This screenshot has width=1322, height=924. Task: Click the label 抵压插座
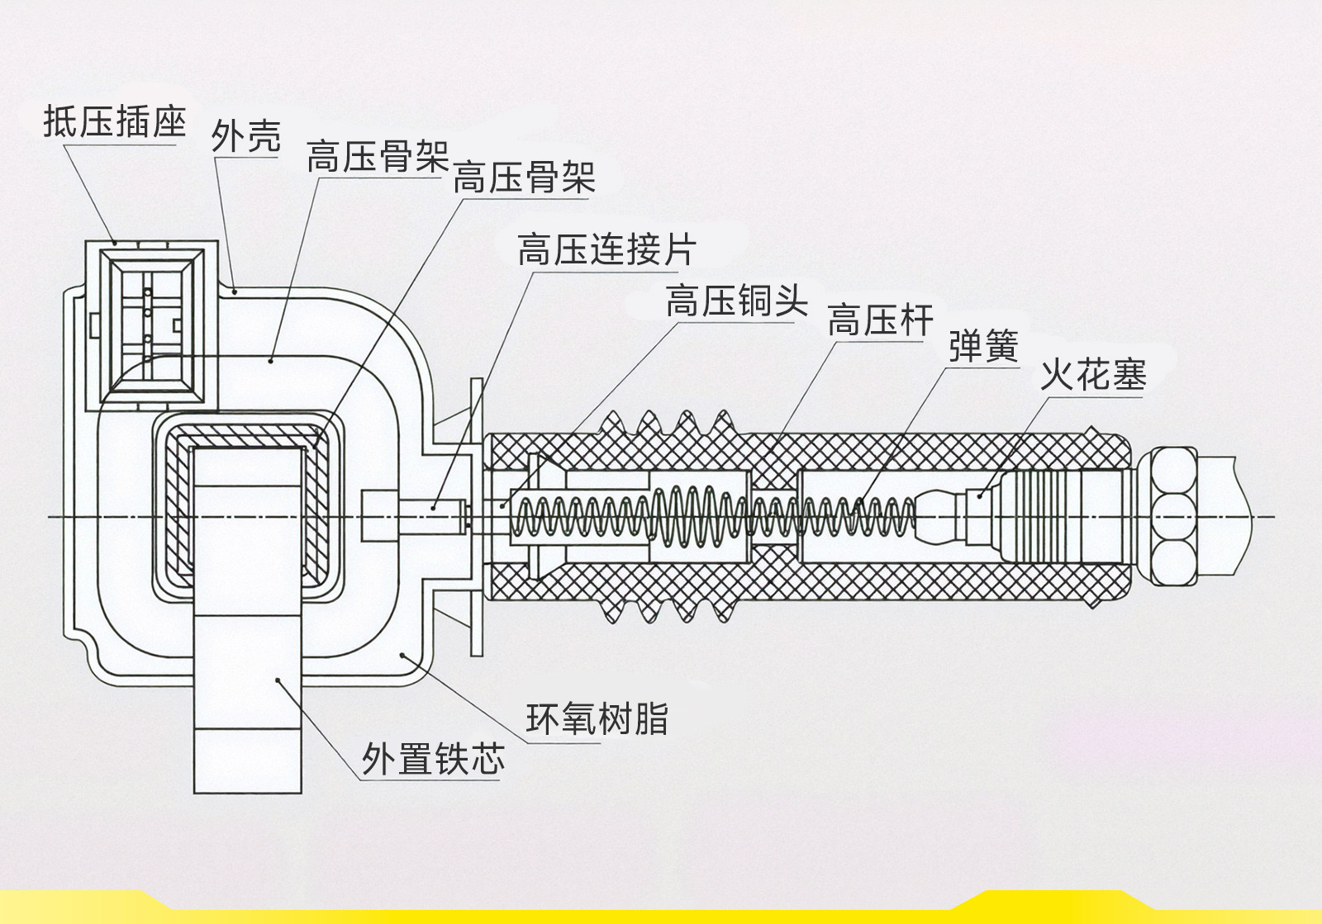[x=114, y=122]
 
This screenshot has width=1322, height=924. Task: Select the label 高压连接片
[x=606, y=249]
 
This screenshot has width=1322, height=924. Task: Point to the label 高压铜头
[x=736, y=301]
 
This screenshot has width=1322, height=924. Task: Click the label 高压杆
[x=880, y=320]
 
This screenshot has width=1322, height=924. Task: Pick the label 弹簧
[x=982, y=346]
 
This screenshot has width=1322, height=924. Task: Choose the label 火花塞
[x=1092, y=376]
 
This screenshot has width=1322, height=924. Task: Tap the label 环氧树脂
[x=597, y=718]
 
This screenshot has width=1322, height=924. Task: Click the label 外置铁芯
[x=432, y=758]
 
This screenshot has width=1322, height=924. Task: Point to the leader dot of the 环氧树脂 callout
[x=402, y=655]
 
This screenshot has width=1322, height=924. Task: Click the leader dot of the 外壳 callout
[x=235, y=290]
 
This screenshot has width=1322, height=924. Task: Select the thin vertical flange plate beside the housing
[x=476, y=517]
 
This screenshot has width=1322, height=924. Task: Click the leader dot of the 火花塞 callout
[x=980, y=495]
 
